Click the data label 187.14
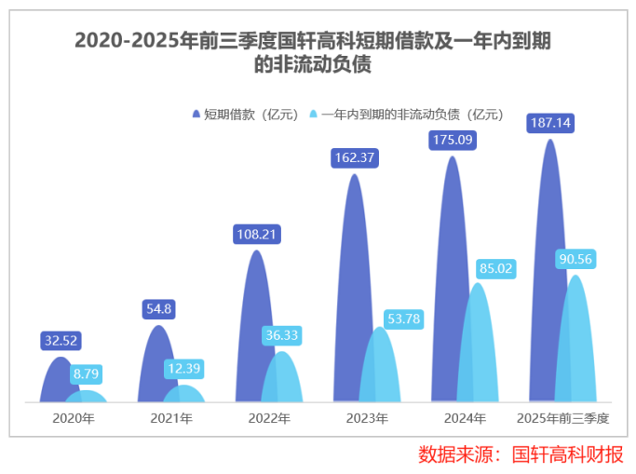[550, 123]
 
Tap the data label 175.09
[452, 141]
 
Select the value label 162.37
[354, 157]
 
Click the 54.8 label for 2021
[157, 309]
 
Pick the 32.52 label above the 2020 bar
[61, 341]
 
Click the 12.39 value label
[183, 369]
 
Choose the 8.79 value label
[87, 374]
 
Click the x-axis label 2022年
[269, 418]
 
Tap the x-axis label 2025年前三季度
[563, 418]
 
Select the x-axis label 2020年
[74, 418]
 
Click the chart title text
[318, 52]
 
